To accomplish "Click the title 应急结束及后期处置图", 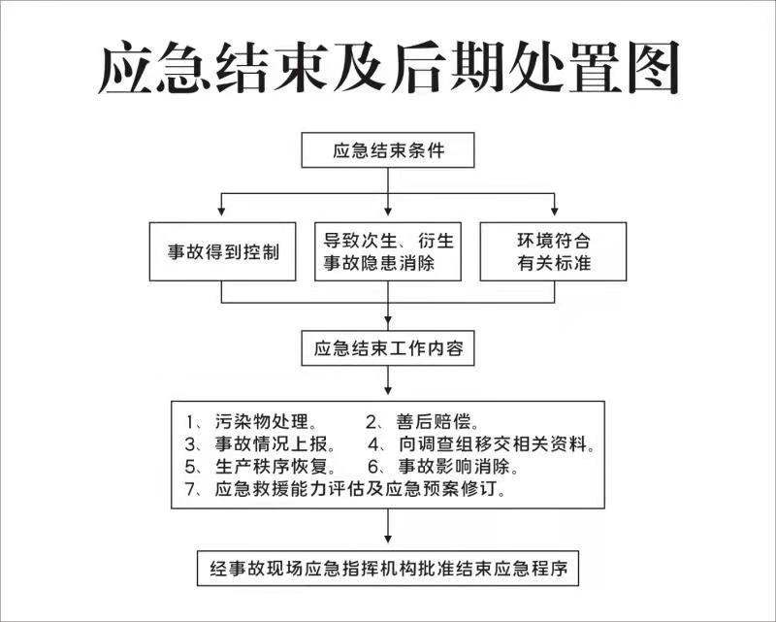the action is coord(388,67).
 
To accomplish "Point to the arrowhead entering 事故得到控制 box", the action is coord(221,212).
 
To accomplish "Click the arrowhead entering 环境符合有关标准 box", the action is coord(554,212).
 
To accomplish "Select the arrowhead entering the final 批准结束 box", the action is coord(388,539).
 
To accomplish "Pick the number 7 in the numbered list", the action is coord(191,489).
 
